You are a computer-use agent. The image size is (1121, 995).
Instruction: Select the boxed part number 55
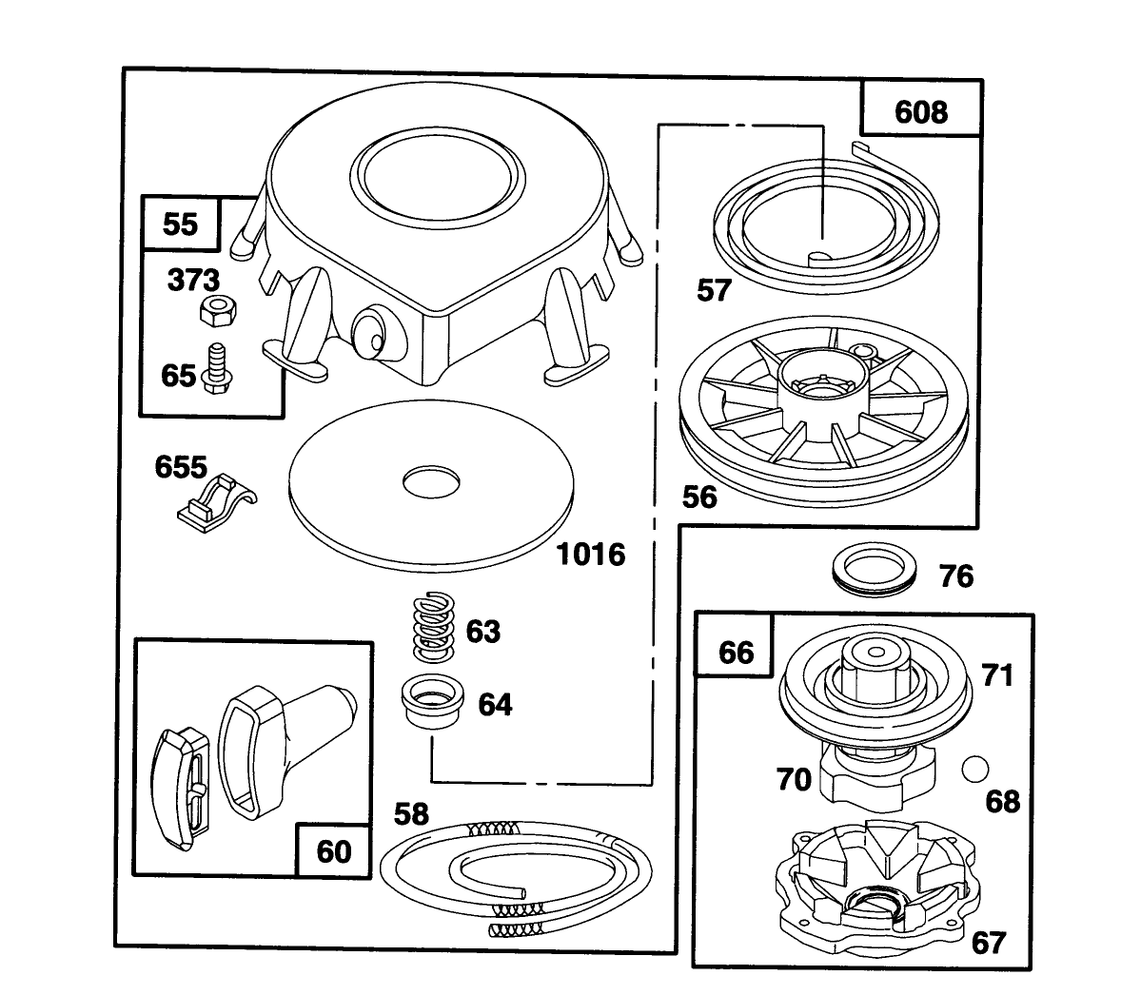pyautogui.click(x=180, y=224)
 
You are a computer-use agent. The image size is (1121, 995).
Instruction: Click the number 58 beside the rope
pyautogui.click(x=411, y=814)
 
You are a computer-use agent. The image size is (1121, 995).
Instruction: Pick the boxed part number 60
pyautogui.click(x=332, y=850)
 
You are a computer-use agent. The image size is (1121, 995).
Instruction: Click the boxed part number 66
pyautogui.click(x=736, y=652)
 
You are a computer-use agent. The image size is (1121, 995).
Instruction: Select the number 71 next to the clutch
pyautogui.click(x=997, y=675)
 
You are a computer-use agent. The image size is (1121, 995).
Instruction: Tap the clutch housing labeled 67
pyautogui.click(x=874, y=885)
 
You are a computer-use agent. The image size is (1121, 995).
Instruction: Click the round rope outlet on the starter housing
pyautogui.click(x=370, y=334)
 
